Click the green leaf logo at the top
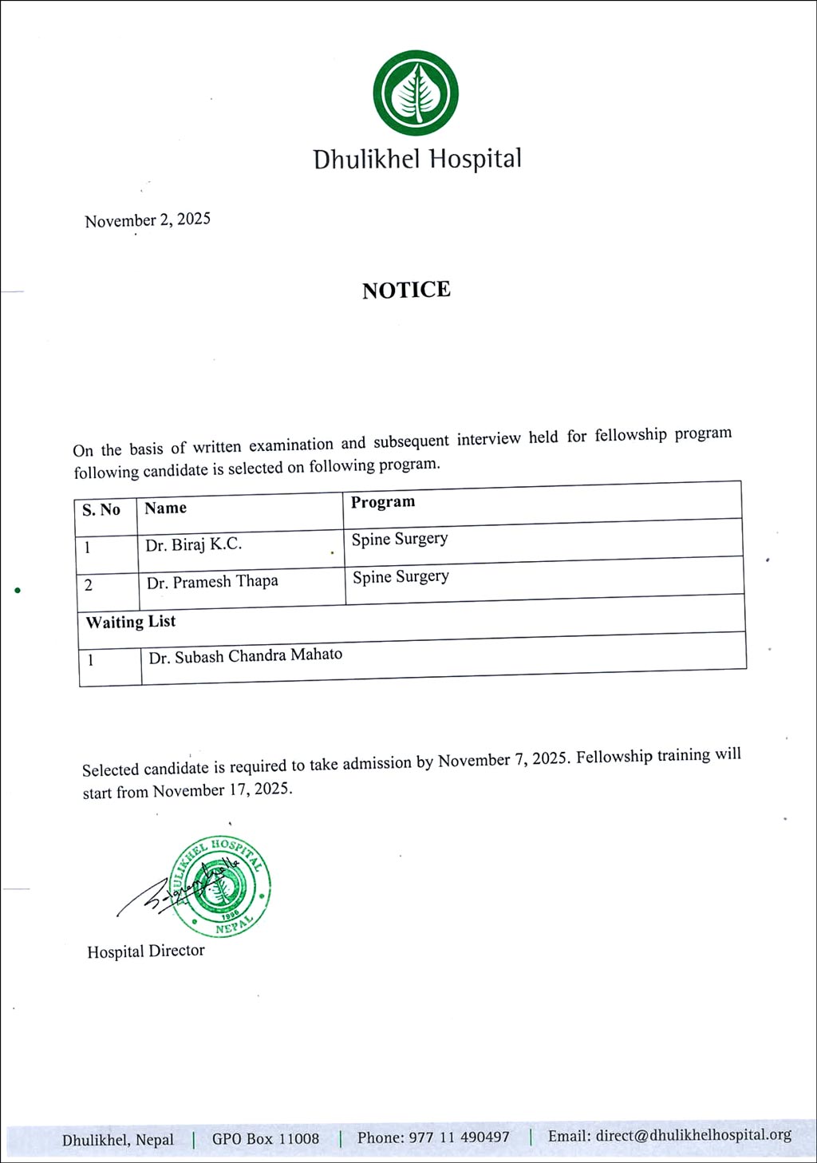point(416,93)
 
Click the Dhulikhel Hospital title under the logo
point(416,160)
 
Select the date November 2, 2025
point(148,220)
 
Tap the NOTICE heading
point(406,290)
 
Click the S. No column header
point(101,510)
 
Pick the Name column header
point(166,508)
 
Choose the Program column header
point(383,502)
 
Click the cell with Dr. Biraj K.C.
point(194,545)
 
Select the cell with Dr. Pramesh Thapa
point(212,582)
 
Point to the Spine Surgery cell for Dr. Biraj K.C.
point(400,539)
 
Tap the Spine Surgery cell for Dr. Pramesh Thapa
point(401,576)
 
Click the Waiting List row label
point(131,622)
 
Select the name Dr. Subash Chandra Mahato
point(246,656)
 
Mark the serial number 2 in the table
point(89,585)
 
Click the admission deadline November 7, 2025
point(503,759)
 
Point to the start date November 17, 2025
point(222,790)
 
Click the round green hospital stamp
point(221,886)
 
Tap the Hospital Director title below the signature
point(146,951)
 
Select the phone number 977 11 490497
point(459,1137)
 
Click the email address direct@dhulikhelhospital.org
point(693,1135)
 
